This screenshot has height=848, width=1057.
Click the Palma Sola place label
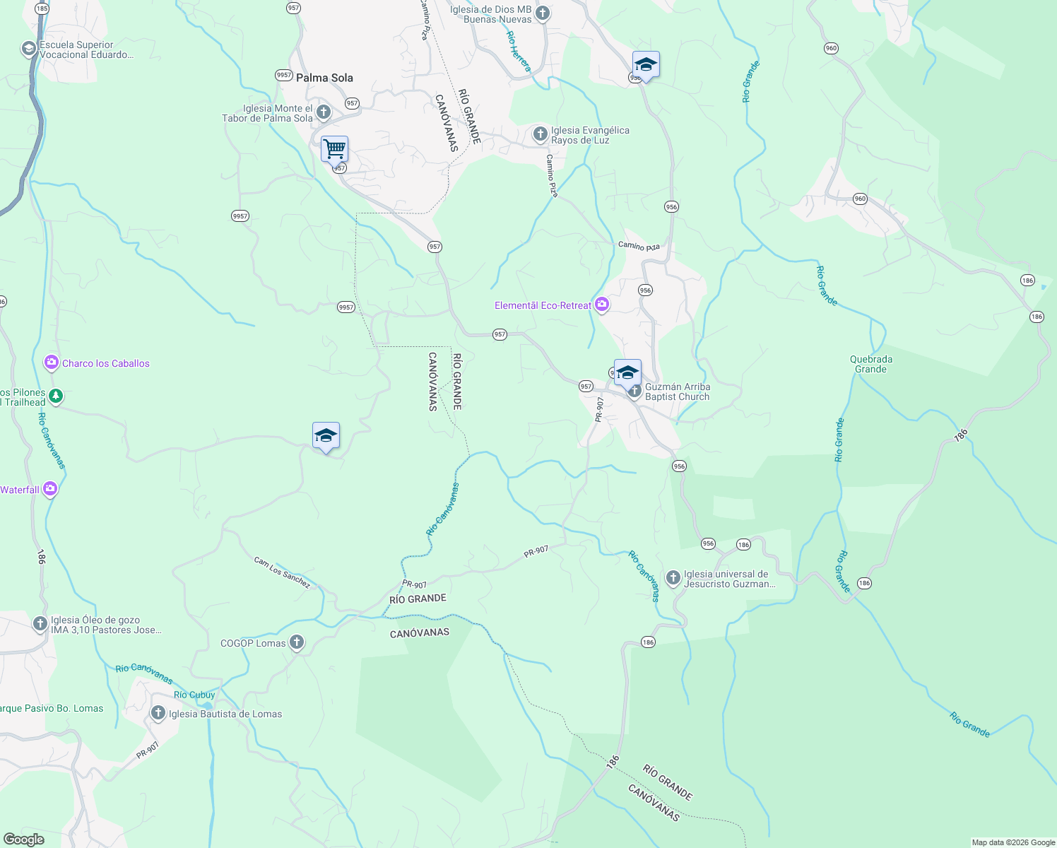coord(324,78)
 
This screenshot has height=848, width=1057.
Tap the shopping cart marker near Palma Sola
coord(334,149)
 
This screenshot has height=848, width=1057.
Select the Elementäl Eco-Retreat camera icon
coord(602,305)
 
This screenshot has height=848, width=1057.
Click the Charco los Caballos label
coord(106,363)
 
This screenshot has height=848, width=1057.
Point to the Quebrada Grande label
coord(870,364)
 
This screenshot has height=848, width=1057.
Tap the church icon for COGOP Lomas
coord(297,642)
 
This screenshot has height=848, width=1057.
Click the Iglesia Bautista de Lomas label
coord(225,714)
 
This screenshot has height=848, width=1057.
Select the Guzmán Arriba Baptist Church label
coord(677,391)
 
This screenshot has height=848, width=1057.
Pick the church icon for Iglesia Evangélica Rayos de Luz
coord(540,134)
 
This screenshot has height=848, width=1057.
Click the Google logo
coord(23,840)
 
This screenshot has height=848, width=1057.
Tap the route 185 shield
coord(42,8)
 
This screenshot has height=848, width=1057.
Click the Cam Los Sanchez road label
coord(282,572)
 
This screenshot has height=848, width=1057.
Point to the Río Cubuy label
coord(194,695)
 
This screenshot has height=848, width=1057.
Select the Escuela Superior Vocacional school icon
coord(29,49)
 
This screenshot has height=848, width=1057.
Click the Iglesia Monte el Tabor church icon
coord(324,112)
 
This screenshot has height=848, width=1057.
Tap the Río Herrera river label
coord(518,51)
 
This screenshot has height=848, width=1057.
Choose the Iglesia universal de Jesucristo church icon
coord(673,578)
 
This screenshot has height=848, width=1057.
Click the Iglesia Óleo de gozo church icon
coord(40,624)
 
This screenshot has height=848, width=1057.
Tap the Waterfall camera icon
coord(49,489)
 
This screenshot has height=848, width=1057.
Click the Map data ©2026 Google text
coord(1013,842)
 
